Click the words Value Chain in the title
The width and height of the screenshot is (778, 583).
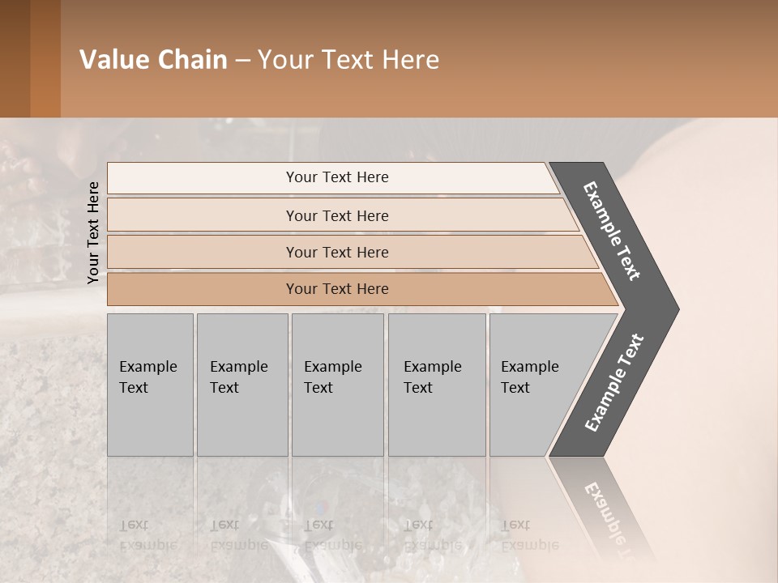click(x=153, y=60)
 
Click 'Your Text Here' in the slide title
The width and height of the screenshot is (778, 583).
click(x=348, y=60)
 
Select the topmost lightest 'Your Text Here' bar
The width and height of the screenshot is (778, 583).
click(x=336, y=177)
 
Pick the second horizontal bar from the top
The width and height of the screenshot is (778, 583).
click(x=336, y=215)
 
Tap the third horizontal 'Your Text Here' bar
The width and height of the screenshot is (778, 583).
click(x=336, y=252)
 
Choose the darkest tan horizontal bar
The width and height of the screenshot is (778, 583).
click(x=336, y=289)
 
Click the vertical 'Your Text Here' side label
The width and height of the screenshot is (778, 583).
click(x=93, y=232)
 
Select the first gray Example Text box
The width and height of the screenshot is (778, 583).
click(x=150, y=384)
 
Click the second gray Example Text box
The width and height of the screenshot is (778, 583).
click(x=242, y=384)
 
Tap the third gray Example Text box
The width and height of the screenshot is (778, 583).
click(x=336, y=384)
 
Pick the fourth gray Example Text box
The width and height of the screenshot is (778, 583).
click(x=436, y=384)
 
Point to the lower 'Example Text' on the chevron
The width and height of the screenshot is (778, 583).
click(x=614, y=383)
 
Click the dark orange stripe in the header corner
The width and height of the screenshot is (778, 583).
click(x=45, y=58)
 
